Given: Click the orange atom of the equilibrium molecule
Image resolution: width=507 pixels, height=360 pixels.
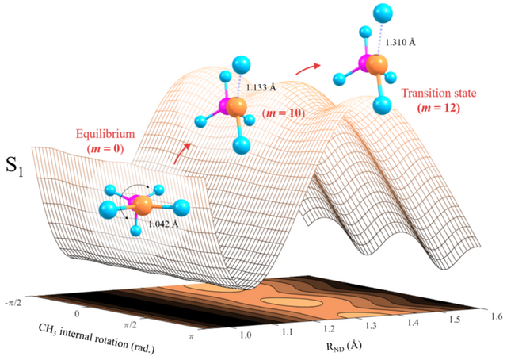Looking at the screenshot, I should (143, 207).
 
